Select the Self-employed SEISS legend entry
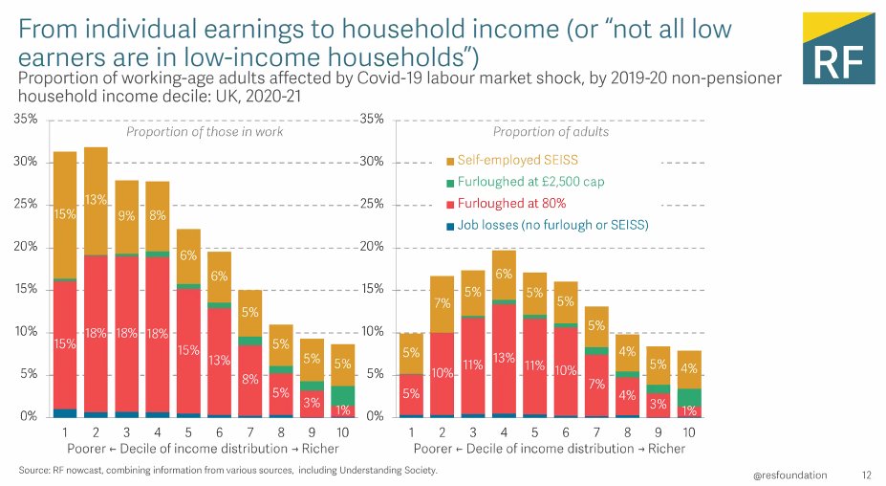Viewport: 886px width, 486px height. (x=516, y=159)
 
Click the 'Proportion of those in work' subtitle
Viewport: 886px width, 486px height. (x=205, y=132)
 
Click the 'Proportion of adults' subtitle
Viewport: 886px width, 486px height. (x=550, y=132)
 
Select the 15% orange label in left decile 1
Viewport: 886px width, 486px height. (x=65, y=215)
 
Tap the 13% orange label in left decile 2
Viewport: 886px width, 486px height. (x=95, y=200)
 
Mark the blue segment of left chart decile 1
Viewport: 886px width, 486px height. (x=65, y=412)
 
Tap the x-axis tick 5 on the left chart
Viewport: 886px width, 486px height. (x=188, y=432)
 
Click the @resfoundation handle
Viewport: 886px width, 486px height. (x=789, y=475)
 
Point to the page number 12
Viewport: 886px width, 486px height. (x=867, y=475)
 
